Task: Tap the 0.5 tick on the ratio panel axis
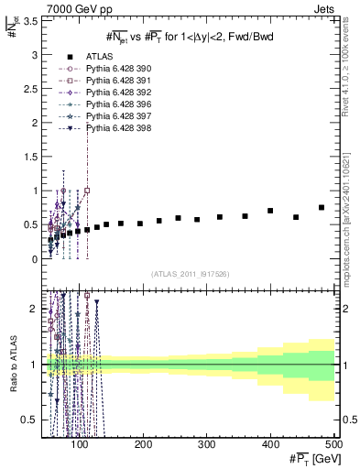click(29, 420)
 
